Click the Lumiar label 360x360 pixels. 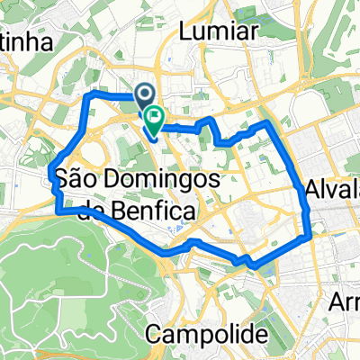[220, 31]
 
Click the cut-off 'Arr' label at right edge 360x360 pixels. [346, 300]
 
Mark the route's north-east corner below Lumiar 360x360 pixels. [267, 121]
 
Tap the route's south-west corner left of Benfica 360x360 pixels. [58, 211]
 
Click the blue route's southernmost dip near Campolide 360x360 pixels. [256, 265]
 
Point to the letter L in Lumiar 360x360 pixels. [187, 31]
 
